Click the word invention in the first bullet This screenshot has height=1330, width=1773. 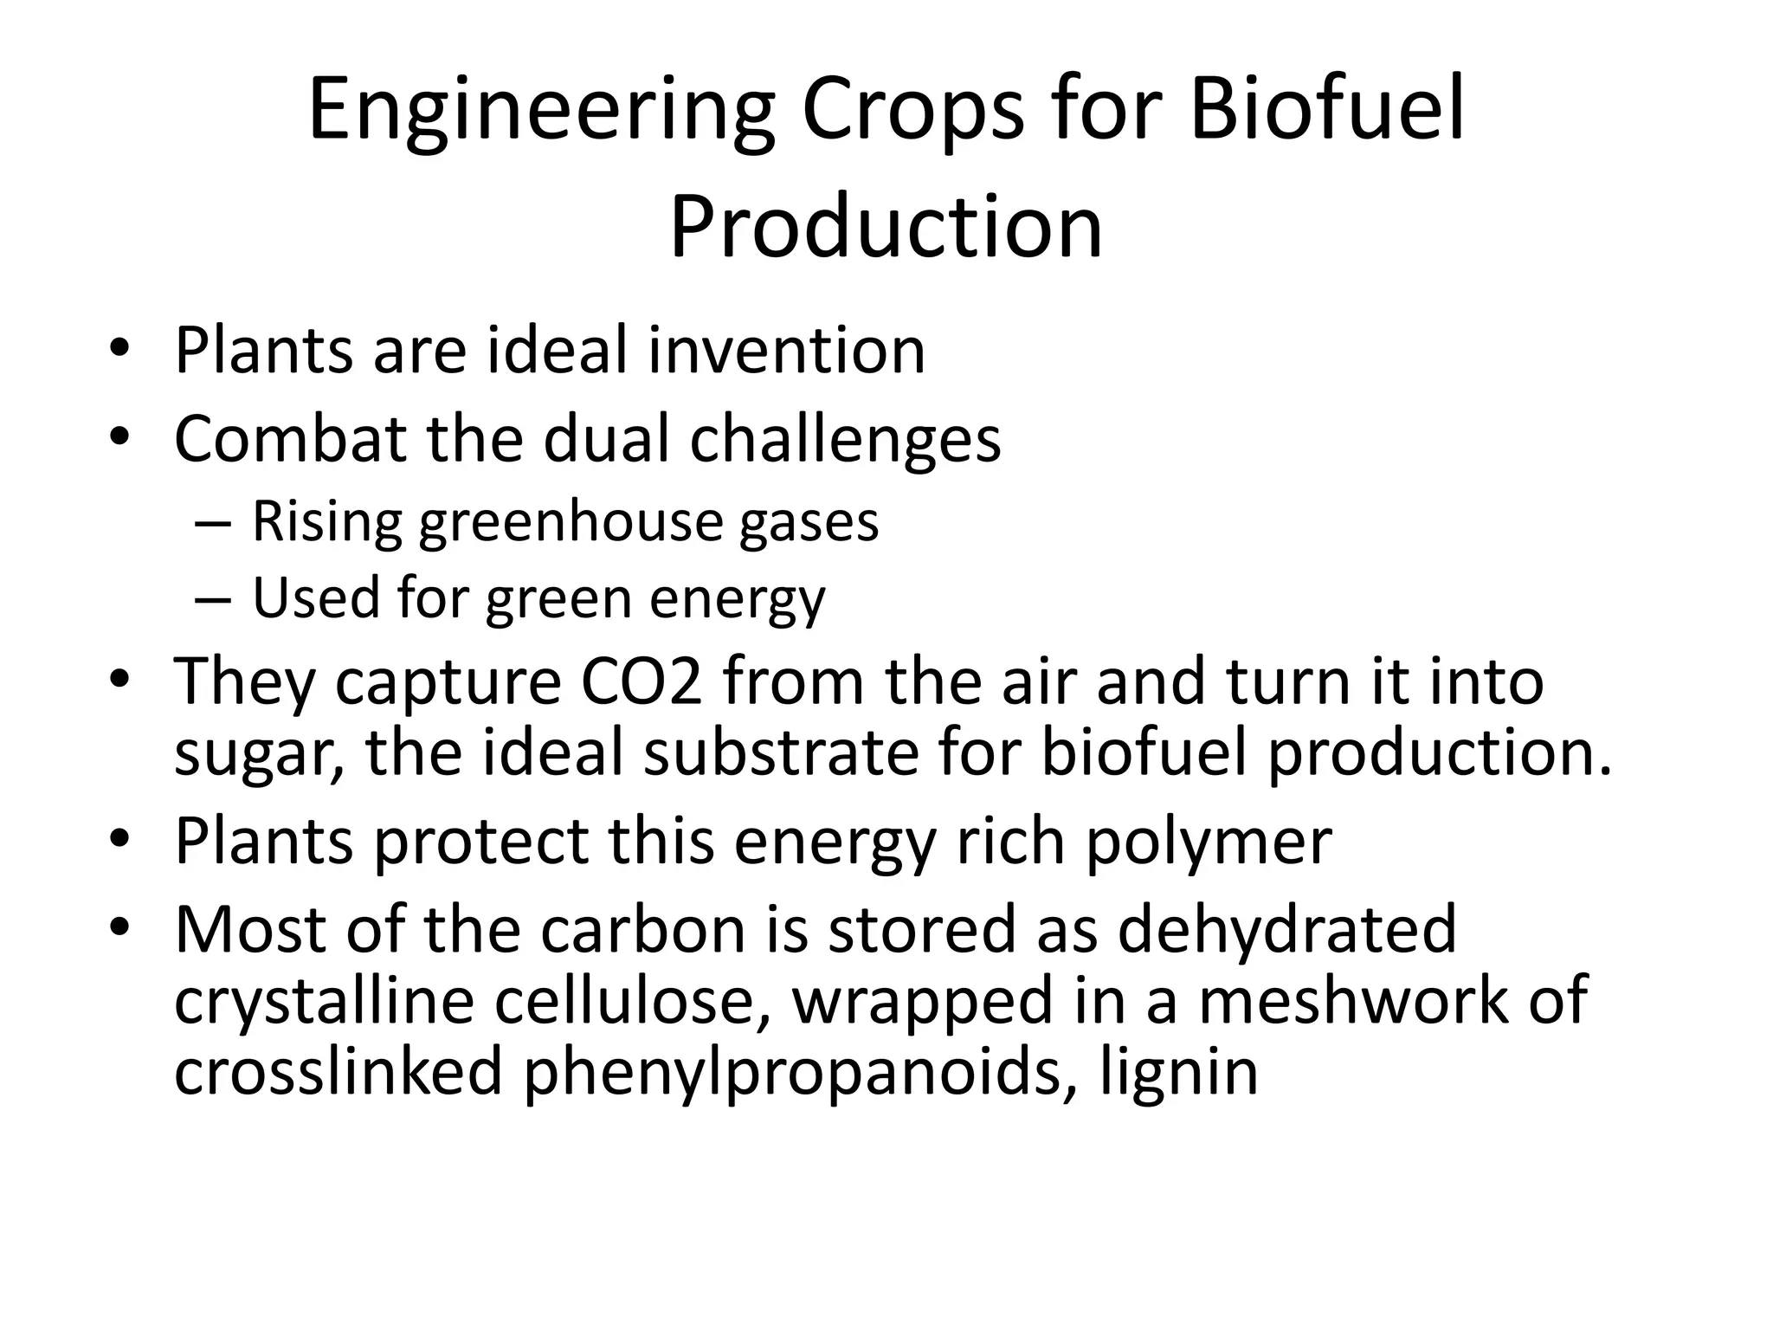click(786, 351)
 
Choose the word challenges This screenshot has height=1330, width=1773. click(845, 440)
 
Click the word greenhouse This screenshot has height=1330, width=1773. click(570, 523)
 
